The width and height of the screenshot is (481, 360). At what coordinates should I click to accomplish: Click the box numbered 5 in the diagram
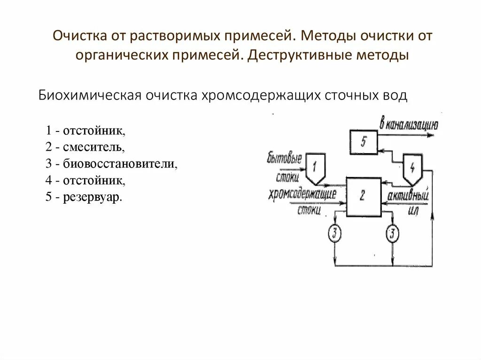(x=363, y=142)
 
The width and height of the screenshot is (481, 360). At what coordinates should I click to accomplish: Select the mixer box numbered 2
(x=363, y=197)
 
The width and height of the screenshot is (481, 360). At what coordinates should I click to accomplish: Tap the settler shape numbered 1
(x=315, y=167)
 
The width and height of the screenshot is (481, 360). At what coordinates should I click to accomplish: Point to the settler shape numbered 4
(x=412, y=168)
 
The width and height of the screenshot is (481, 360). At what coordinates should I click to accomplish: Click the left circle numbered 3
(x=334, y=233)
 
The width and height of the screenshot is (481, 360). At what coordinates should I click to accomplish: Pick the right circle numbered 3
(x=392, y=233)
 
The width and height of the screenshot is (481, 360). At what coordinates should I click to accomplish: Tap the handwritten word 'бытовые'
(x=284, y=159)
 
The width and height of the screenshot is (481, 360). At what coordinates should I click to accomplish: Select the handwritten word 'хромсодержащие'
(x=303, y=195)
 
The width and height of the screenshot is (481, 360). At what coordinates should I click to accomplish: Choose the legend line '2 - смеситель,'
(x=85, y=147)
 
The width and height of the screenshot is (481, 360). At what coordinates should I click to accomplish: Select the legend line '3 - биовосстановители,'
(x=112, y=164)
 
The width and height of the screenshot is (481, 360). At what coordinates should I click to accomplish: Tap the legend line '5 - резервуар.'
(x=84, y=197)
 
